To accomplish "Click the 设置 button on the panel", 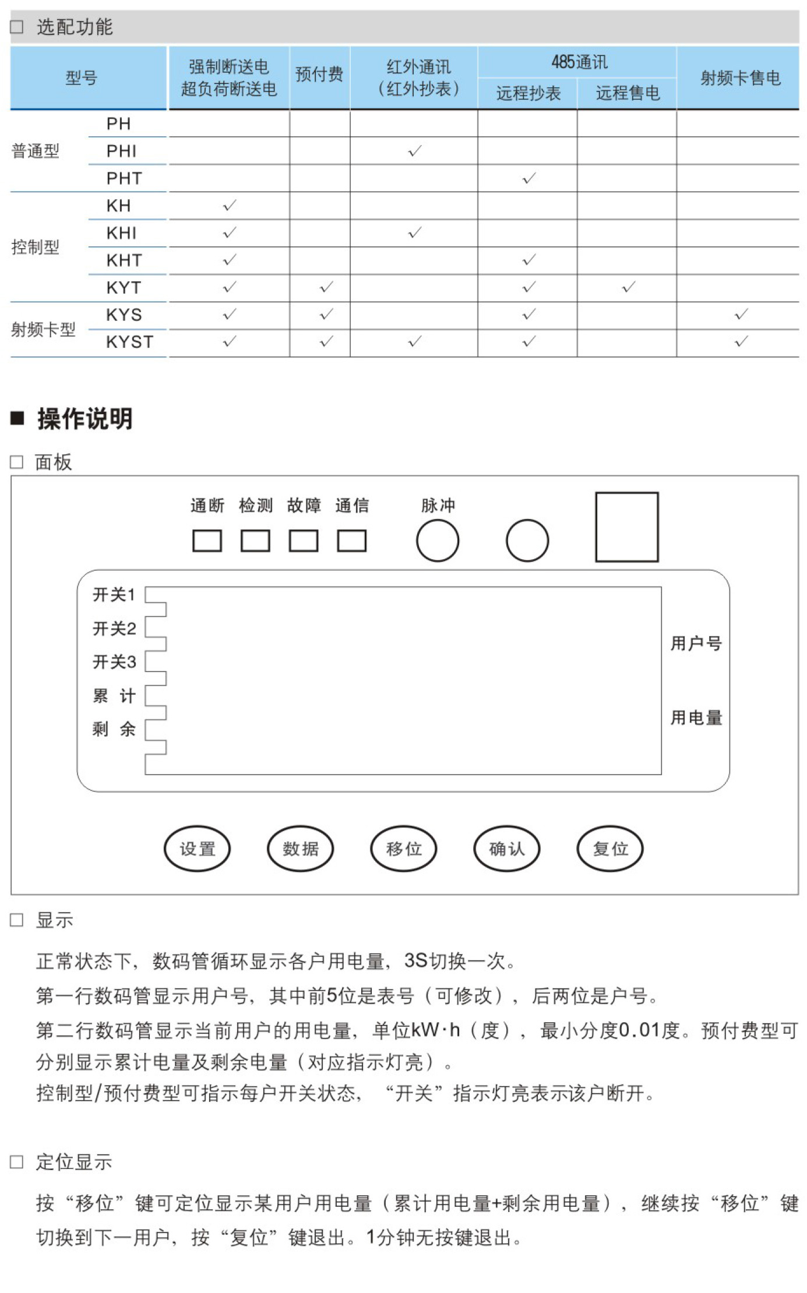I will (197, 849).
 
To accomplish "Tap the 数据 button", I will (301, 849).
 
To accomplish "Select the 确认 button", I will (507, 849).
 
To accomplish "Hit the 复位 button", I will (610, 849).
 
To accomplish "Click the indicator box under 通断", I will (207, 540).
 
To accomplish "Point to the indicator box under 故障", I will (304, 540).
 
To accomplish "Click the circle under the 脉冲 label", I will (438, 540).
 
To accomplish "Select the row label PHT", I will (124, 178).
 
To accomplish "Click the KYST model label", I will (130, 342).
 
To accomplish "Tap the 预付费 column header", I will (319, 75).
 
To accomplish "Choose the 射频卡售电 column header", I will (740, 77).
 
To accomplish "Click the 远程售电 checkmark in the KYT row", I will (628, 287).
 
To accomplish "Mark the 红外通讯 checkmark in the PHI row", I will (414, 151).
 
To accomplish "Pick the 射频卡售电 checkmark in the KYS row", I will (741, 315).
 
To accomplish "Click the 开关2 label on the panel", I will (114, 628).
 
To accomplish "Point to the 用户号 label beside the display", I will (696, 644).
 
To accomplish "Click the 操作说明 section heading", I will (85, 419).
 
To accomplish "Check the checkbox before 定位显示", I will (17, 1162).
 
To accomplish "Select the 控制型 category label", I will (36, 247).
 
